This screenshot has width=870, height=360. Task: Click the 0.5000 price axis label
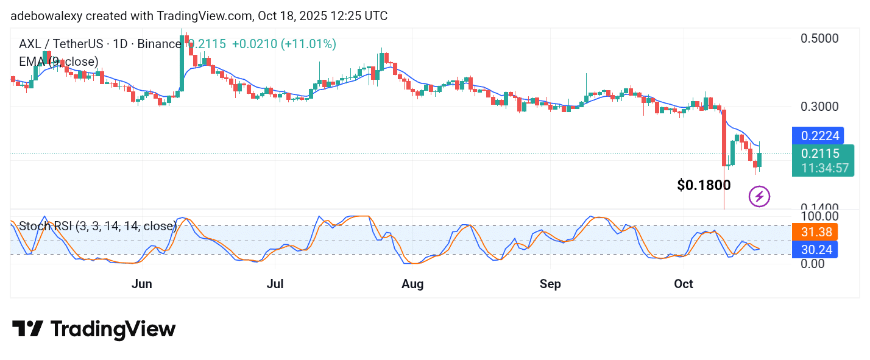click(819, 38)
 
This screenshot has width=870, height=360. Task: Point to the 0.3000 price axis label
click(819, 107)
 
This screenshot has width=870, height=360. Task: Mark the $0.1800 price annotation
click(704, 185)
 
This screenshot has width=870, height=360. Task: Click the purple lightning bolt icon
click(759, 196)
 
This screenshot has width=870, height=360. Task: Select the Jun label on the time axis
click(142, 284)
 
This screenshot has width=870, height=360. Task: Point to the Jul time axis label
click(275, 284)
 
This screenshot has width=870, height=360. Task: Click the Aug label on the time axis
click(413, 284)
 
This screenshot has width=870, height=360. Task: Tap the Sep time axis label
click(550, 284)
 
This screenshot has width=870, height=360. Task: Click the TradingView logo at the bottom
click(94, 330)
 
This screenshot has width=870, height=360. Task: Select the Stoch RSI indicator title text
click(97, 226)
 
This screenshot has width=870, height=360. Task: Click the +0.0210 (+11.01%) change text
click(284, 44)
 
